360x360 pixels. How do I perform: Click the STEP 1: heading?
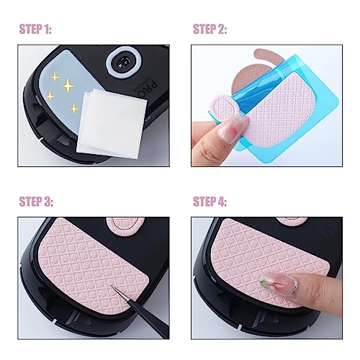point(35,30)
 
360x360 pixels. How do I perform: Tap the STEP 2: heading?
point(210,30)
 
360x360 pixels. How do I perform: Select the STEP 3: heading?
point(36,202)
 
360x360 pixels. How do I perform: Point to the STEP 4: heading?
point(210,202)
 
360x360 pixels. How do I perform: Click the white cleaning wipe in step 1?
point(112,124)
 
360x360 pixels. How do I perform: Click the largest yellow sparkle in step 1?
point(68,85)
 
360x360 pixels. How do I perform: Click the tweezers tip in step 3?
point(112,286)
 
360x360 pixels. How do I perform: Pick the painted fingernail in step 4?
point(279,283)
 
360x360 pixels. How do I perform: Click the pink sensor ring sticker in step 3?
point(123,225)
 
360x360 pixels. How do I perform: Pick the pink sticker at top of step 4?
point(291,221)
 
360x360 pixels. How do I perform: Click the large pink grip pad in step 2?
point(279,110)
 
